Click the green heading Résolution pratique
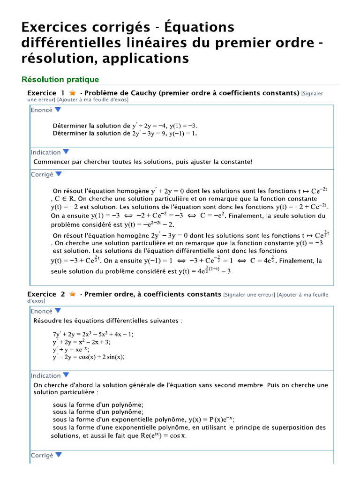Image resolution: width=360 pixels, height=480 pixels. (x=60, y=80)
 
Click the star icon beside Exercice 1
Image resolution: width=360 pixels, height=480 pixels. (x=73, y=93)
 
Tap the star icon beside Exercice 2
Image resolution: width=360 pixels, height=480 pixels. (x=72, y=294)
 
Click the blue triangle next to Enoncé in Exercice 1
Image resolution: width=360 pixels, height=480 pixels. (x=58, y=110)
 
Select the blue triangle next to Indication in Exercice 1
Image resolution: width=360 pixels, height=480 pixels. (x=66, y=152)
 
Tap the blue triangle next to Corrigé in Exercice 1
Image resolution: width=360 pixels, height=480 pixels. (x=59, y=174)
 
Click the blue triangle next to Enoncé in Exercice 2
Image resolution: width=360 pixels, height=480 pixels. (x=58, y=311)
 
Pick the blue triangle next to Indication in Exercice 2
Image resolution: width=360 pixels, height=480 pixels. (x=66, y=375)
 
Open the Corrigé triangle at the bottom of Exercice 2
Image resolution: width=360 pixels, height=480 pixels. (x=59, y=455)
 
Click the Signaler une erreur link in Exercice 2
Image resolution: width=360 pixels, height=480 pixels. (x=249, y=294)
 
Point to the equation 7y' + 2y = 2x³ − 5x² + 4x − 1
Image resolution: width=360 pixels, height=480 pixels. (x=93, y=334)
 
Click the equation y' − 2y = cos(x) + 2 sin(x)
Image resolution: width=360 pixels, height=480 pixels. (x=89, y=357)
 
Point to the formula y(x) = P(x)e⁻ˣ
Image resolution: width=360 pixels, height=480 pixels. (x=210, y=419)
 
